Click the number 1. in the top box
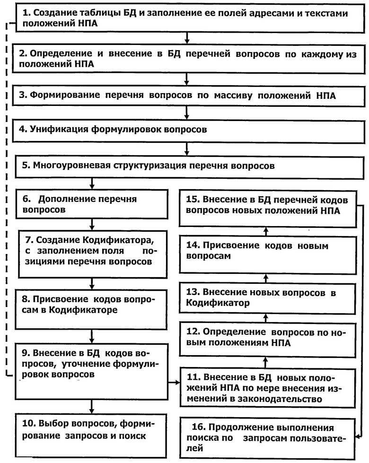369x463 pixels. [x=26, y=13]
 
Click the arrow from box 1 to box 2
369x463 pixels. [x=186, y=38]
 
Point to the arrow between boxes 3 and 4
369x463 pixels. [x=186, y=113]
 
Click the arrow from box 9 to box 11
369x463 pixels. [x=174, y=383]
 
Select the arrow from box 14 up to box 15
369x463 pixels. [x=266, y=231]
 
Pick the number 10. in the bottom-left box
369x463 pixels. [x=29, y=423]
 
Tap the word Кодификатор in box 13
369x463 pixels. [x=218, y=303]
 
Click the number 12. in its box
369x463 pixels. [x=193, y=332]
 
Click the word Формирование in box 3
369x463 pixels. [x=65, y=95]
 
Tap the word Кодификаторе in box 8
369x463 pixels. [x=83, y=310]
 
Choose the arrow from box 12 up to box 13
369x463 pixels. [x=266, y=318]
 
